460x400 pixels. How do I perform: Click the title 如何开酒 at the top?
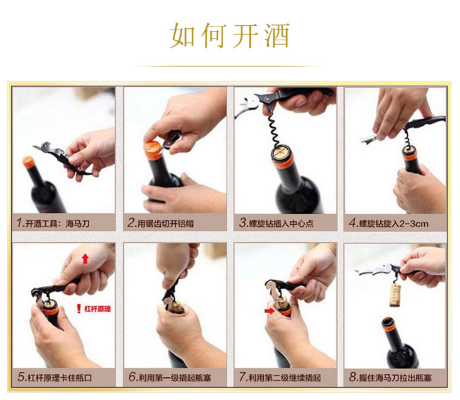point(230,36)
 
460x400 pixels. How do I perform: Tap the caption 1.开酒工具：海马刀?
point(53,223)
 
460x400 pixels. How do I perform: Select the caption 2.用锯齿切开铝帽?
point(160,223)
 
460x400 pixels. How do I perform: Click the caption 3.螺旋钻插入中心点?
point(276,223)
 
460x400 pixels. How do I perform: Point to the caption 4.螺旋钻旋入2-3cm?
point(389,223)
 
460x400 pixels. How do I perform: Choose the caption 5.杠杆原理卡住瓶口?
point(55,377)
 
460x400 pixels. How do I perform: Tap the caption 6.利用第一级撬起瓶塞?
point(170,377)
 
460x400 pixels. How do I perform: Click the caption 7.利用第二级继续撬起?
point(280,377)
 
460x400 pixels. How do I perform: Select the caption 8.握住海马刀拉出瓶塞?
point(390,377)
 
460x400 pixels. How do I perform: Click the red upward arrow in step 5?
point(85,259)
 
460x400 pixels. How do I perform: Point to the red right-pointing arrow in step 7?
point(269,311)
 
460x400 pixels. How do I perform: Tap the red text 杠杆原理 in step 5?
point(97,309)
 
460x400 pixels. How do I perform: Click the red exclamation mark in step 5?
point(79,309)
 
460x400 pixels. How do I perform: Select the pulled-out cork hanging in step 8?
point(397,295)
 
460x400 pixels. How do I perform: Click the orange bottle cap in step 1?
point(28,162)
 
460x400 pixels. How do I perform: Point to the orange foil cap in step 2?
point(153,149)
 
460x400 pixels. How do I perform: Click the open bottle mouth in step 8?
point(388,321)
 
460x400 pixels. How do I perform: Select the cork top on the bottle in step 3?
point(282,153)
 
